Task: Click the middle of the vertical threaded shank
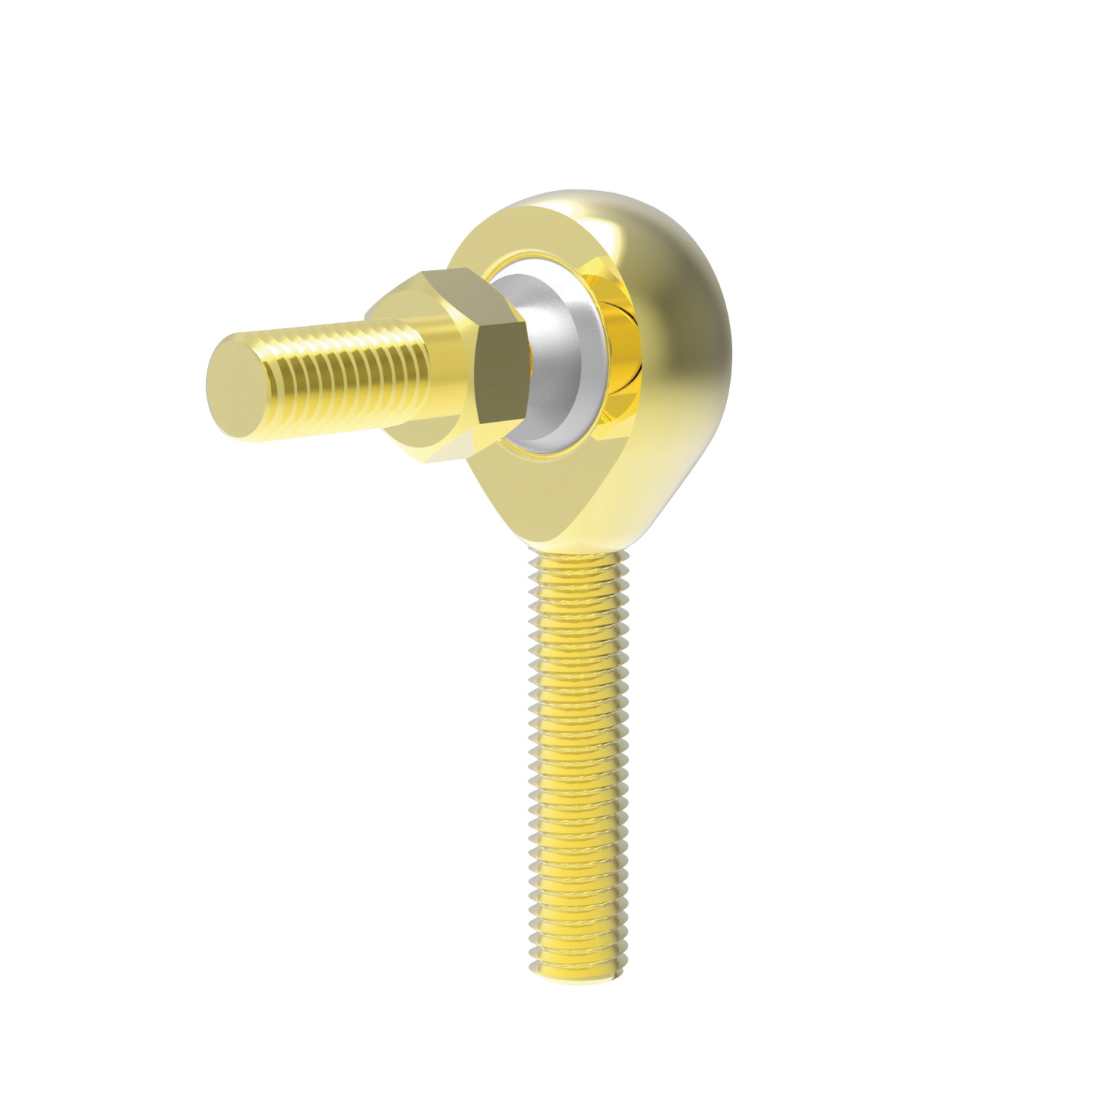click(579, 765)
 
